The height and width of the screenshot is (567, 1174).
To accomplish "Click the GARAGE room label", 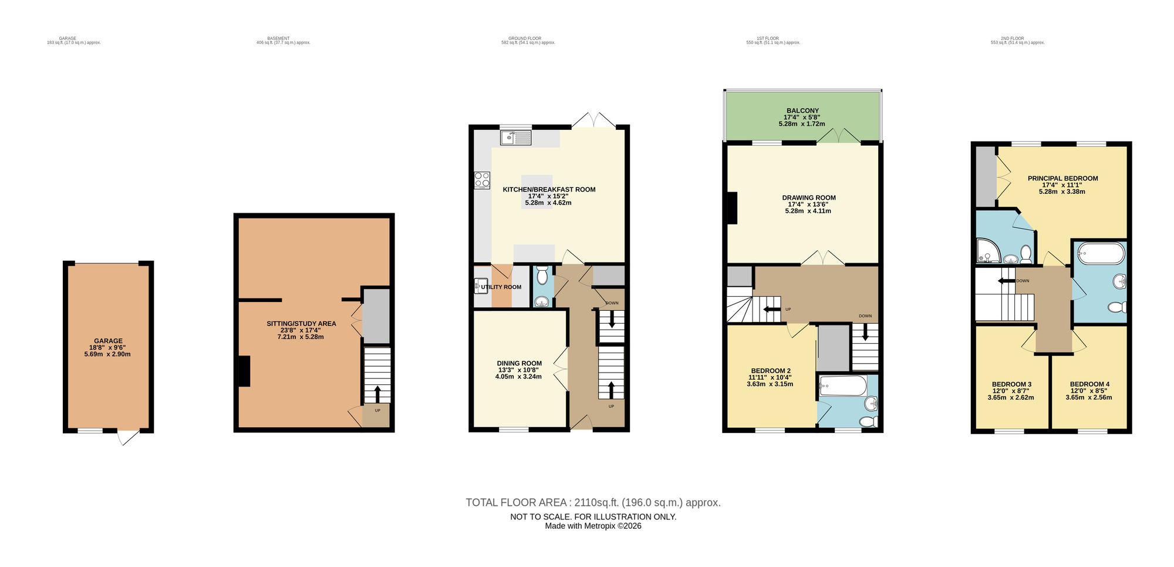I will [x=108, y=341].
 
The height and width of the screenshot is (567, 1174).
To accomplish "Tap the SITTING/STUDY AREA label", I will [x=301, y=324].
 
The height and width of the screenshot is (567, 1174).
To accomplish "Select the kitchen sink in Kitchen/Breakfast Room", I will [x=515, y=138].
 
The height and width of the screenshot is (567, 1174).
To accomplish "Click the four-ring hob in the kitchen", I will [x=482, y=180].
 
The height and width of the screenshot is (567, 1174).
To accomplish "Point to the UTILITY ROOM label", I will [x=501, y=287].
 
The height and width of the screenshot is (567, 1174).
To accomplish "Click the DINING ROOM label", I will [x=519, y=363].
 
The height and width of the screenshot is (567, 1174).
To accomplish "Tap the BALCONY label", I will [x=802, y=110].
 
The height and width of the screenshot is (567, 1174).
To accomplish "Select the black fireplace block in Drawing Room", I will [x=732, y=208].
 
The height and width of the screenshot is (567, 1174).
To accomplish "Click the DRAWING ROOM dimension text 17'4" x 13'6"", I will [x=808, y=204].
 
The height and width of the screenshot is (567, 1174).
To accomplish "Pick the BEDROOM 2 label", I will [x=769, y=371].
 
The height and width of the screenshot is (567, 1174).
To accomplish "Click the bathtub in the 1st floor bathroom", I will [x=842, y=386].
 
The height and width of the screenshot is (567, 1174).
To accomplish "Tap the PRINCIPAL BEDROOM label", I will [x=1062, y=179].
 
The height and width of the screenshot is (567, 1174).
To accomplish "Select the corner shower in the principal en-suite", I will [x=988, y=251].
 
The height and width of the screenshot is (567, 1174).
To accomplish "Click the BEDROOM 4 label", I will [x=1089, y=384].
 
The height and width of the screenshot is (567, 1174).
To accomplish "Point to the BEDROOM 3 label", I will [x=1011, y=384].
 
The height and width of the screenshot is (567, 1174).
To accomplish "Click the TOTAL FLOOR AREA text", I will [x=593, y=502].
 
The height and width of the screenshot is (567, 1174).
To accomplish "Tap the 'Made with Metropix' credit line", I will [x=593, y=526].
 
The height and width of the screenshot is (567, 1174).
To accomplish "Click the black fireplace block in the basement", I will [x=244, y=371].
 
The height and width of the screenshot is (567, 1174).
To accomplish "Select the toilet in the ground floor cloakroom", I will [x=542, y=274].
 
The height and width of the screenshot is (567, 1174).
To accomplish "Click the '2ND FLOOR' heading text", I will [x=1012, y=38].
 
